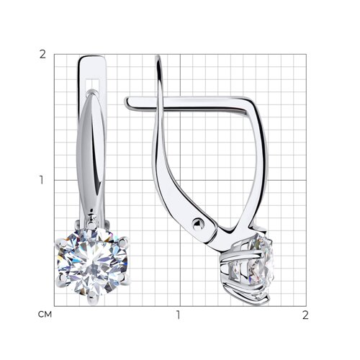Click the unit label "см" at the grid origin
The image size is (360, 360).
pyautogui.click(x=45, y=315)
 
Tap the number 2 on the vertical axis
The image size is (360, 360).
pyautogui.click(x=42, y=55)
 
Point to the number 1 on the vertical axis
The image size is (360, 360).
pyautogui.click(x=42, y=180)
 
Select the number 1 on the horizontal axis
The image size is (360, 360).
pyautogui.click(x=178, y=315)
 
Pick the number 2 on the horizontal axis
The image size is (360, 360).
pyautogui.click(x=305, y=315)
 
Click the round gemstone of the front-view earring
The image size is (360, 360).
pyautogui.click(x=92, y=261)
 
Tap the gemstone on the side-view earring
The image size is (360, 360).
pyautogui.click(x=254, y=269)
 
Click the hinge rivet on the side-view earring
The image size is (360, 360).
pyautogui.click(x=198, y=225)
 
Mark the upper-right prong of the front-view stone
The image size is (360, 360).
pyautogui.click(x=124, y=242)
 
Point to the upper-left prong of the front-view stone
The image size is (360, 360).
pyautogui.click(x=62, y=243)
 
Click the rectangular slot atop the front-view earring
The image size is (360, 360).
pyautogui.click(x=92, y=84)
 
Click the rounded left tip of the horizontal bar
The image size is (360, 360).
pyautogui.click(x=127, y=103)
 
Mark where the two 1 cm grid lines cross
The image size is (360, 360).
pyautogui.click(x=180, y=180)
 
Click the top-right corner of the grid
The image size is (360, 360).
pyautogui.click(x=306, y=54)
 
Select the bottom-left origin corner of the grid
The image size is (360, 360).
pyautogui.click(x=54, y=306)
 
